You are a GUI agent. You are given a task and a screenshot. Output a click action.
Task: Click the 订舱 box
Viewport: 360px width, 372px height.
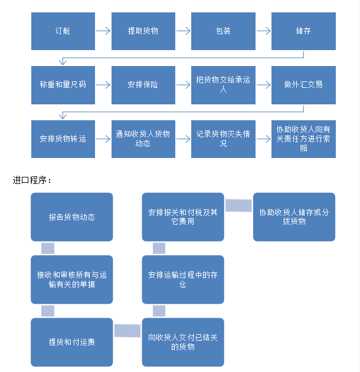point(63,31)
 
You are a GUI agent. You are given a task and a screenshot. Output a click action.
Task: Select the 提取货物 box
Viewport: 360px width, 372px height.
point(143,31)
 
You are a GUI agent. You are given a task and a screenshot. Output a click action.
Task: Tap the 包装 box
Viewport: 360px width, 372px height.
point(223,31)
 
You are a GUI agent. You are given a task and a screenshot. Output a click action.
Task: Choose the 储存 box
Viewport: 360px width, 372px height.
point(303,31)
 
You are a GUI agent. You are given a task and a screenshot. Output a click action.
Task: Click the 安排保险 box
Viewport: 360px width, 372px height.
point(143,85)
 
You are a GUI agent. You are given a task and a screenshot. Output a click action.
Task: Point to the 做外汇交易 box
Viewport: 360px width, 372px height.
point(303,85)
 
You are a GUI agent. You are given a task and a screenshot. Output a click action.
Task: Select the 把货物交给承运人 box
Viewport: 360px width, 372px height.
point(223,85)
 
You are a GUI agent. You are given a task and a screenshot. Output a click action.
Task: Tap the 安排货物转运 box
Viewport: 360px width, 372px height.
point(63,139)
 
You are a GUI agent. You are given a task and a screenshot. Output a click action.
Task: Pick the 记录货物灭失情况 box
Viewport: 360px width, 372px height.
point(223,139)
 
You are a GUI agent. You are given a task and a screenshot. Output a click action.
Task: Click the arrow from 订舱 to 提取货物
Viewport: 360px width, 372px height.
point(103,31)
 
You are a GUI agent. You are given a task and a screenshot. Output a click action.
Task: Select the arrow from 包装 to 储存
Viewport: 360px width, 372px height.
point(264,31)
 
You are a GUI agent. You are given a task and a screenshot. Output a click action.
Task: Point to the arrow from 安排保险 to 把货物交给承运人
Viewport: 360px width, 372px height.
point(184,85)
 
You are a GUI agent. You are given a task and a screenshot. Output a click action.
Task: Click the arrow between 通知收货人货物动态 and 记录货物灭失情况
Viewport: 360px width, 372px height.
point(184,139)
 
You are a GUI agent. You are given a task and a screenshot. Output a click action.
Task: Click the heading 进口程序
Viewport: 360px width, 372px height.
point(32,180)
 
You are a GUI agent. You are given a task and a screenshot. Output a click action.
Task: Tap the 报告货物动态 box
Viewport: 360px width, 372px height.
point(72,217)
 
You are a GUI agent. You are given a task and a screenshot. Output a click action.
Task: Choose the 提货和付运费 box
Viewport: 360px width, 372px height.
point(72,342)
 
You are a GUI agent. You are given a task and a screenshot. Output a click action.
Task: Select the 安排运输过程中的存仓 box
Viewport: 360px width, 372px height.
point(183,279)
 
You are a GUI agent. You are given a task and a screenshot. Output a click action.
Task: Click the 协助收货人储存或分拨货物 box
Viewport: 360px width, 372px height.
point(294,217)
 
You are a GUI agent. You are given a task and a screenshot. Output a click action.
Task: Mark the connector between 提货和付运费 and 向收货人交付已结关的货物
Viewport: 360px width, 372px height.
point(127,331)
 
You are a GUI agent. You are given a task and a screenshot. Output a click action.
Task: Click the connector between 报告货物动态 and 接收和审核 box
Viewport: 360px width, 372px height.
point(48,248)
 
